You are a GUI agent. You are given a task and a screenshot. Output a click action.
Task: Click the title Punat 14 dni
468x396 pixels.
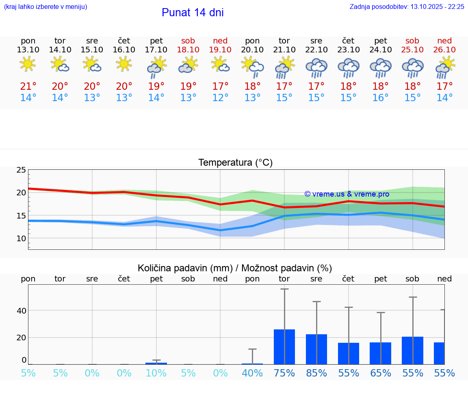[193, 13]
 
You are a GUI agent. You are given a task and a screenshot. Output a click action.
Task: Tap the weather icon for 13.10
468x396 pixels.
[28, 64]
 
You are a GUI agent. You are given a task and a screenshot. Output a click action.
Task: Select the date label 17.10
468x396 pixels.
[156, 50]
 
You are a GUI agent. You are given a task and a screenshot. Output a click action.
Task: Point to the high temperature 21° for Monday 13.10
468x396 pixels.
[28, 87]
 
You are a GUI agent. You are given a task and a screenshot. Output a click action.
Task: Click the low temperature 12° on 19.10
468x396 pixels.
[220, 98]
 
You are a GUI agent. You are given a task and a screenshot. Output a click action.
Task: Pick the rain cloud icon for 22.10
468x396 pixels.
[316, 67]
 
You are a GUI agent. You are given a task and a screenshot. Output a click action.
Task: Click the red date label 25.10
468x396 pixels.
[412, 50]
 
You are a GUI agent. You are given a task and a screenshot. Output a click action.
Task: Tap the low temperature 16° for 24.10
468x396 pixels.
[381, 98]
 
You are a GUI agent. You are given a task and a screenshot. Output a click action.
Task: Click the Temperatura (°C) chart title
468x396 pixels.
[235, 163]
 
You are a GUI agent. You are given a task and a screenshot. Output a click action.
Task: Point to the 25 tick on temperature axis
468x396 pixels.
[21, 170]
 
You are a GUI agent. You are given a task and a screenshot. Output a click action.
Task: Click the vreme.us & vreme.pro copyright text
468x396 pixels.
[347, 194]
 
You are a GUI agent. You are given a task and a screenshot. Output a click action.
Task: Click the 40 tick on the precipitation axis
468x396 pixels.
[21, 311]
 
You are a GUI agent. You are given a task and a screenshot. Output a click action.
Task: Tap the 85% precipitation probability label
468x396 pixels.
[316, 373]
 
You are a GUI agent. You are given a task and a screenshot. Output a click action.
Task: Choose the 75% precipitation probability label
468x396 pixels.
[284, 373]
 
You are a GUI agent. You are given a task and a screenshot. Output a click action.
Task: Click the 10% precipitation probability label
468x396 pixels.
[156, 373]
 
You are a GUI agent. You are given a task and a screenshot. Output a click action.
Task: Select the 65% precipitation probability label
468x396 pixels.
[381, 373]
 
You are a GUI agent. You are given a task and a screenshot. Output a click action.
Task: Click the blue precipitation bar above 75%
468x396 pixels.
[284, 347]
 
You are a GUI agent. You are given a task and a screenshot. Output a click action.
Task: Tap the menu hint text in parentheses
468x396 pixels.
[45, 7]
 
